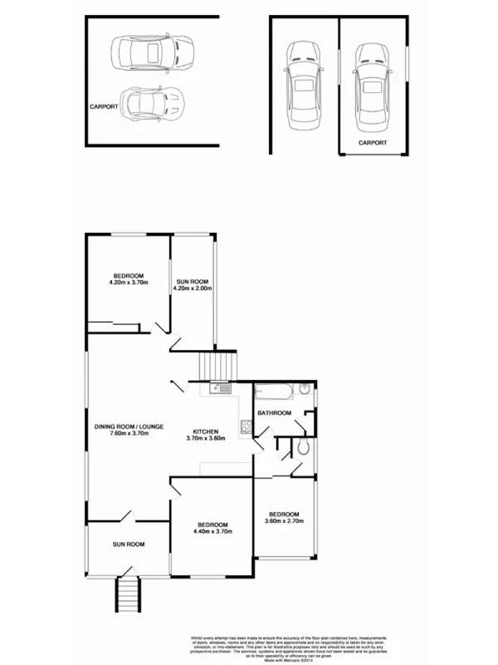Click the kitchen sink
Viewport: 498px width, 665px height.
[222, 387]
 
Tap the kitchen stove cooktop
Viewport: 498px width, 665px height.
[246, 429]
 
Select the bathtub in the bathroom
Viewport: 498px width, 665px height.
[275, 390]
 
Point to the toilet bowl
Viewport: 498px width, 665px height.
[304, 448]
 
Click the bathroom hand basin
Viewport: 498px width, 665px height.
[305, 388]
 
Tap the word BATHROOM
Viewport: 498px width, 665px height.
[274, 413]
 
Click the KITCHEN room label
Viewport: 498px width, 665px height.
[205, 432]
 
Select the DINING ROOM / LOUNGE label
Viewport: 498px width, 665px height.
[128, 426]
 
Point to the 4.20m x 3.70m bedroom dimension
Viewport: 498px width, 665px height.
[128, 283]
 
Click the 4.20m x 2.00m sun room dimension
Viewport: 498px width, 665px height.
[193, 288]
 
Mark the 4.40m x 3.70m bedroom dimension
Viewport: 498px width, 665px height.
[212, 531]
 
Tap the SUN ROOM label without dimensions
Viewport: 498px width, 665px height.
[129, 544]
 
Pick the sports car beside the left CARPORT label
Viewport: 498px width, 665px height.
[154, 104]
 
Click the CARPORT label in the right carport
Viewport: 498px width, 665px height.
[373, 143]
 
